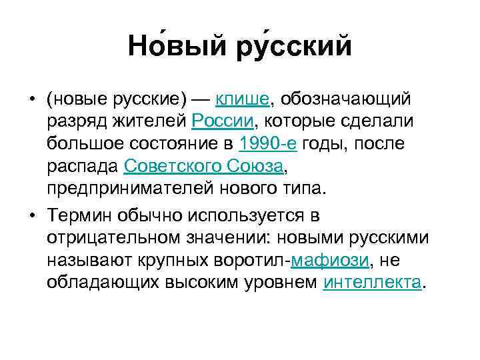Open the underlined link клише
[241, 99]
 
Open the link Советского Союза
[204, 165]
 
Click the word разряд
[73, 121]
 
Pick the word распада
[83, 165]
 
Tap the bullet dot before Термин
[31, 217]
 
